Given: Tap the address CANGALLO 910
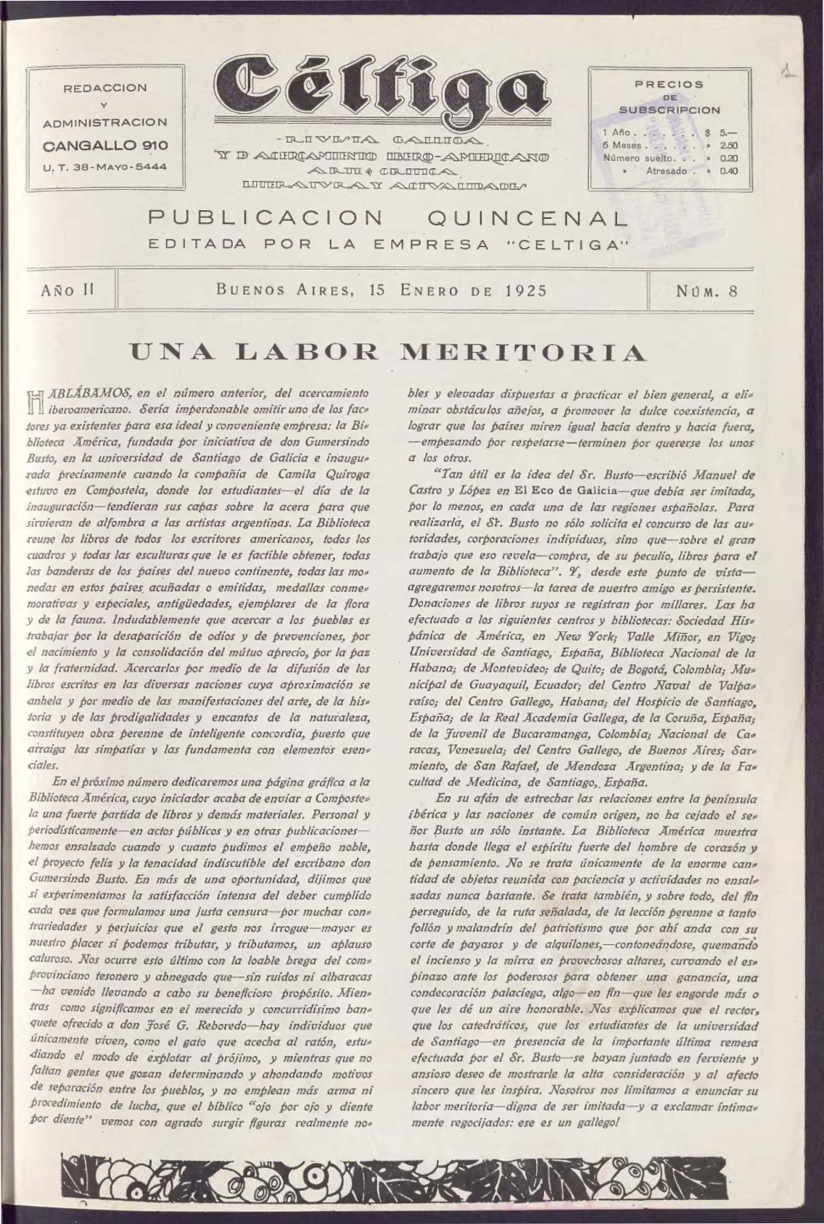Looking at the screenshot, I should tap(106, 145).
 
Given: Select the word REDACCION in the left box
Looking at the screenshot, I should tap(106, 88).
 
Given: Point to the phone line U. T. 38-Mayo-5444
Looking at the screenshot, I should tap(106, 166).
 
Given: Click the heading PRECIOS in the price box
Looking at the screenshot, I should tap(669, 84).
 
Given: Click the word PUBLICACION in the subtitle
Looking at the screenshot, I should tap(265, 218).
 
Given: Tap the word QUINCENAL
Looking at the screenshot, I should tap(527, 218).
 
